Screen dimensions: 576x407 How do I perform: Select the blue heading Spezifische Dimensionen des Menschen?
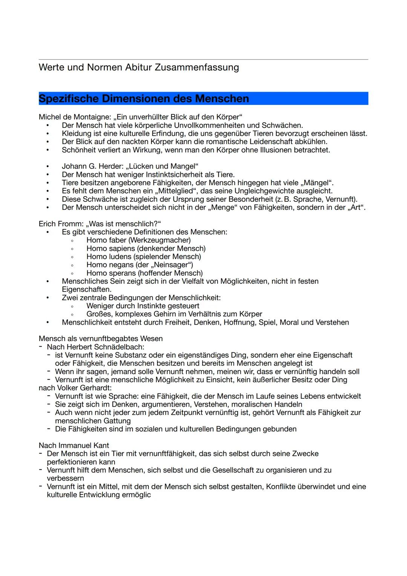tap(144, 99)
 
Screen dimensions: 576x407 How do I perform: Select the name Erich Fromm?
tap(60, 224)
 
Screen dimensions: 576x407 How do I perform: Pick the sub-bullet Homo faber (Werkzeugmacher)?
tap(138, 240)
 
